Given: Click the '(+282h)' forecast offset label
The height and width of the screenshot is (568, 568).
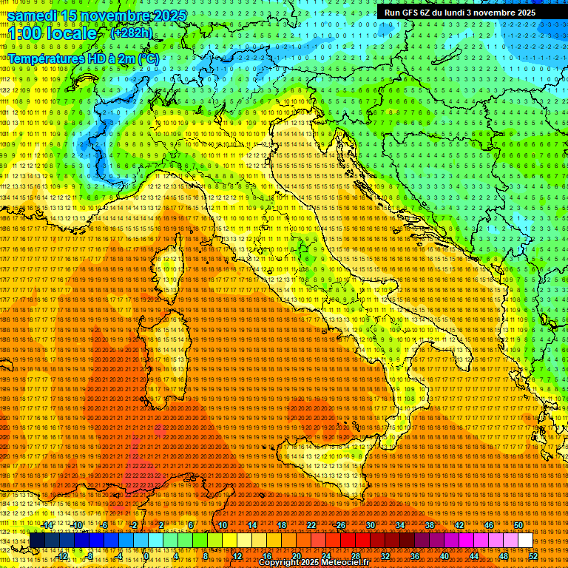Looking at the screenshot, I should coord(131,33).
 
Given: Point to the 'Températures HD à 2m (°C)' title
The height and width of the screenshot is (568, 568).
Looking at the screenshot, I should coord(83,58).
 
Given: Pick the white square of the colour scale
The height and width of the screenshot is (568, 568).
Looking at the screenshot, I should coord(525,541).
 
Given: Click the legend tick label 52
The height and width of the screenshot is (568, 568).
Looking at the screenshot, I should coord(532,556).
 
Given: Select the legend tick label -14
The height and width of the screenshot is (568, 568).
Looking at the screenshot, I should coord(48,524).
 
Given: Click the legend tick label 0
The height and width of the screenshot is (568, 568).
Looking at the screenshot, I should coord(146,556).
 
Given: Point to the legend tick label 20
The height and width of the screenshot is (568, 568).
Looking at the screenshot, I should coord(296,556).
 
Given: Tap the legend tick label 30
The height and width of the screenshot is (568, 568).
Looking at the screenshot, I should coord(371,524).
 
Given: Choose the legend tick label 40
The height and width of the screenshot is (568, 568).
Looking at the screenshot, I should coord(444,556).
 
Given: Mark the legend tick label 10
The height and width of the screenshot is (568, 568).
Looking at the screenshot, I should coord(222,524).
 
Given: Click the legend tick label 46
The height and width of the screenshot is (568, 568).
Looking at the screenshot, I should coord(488,524).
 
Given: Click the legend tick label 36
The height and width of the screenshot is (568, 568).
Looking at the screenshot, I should coord(414,556).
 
